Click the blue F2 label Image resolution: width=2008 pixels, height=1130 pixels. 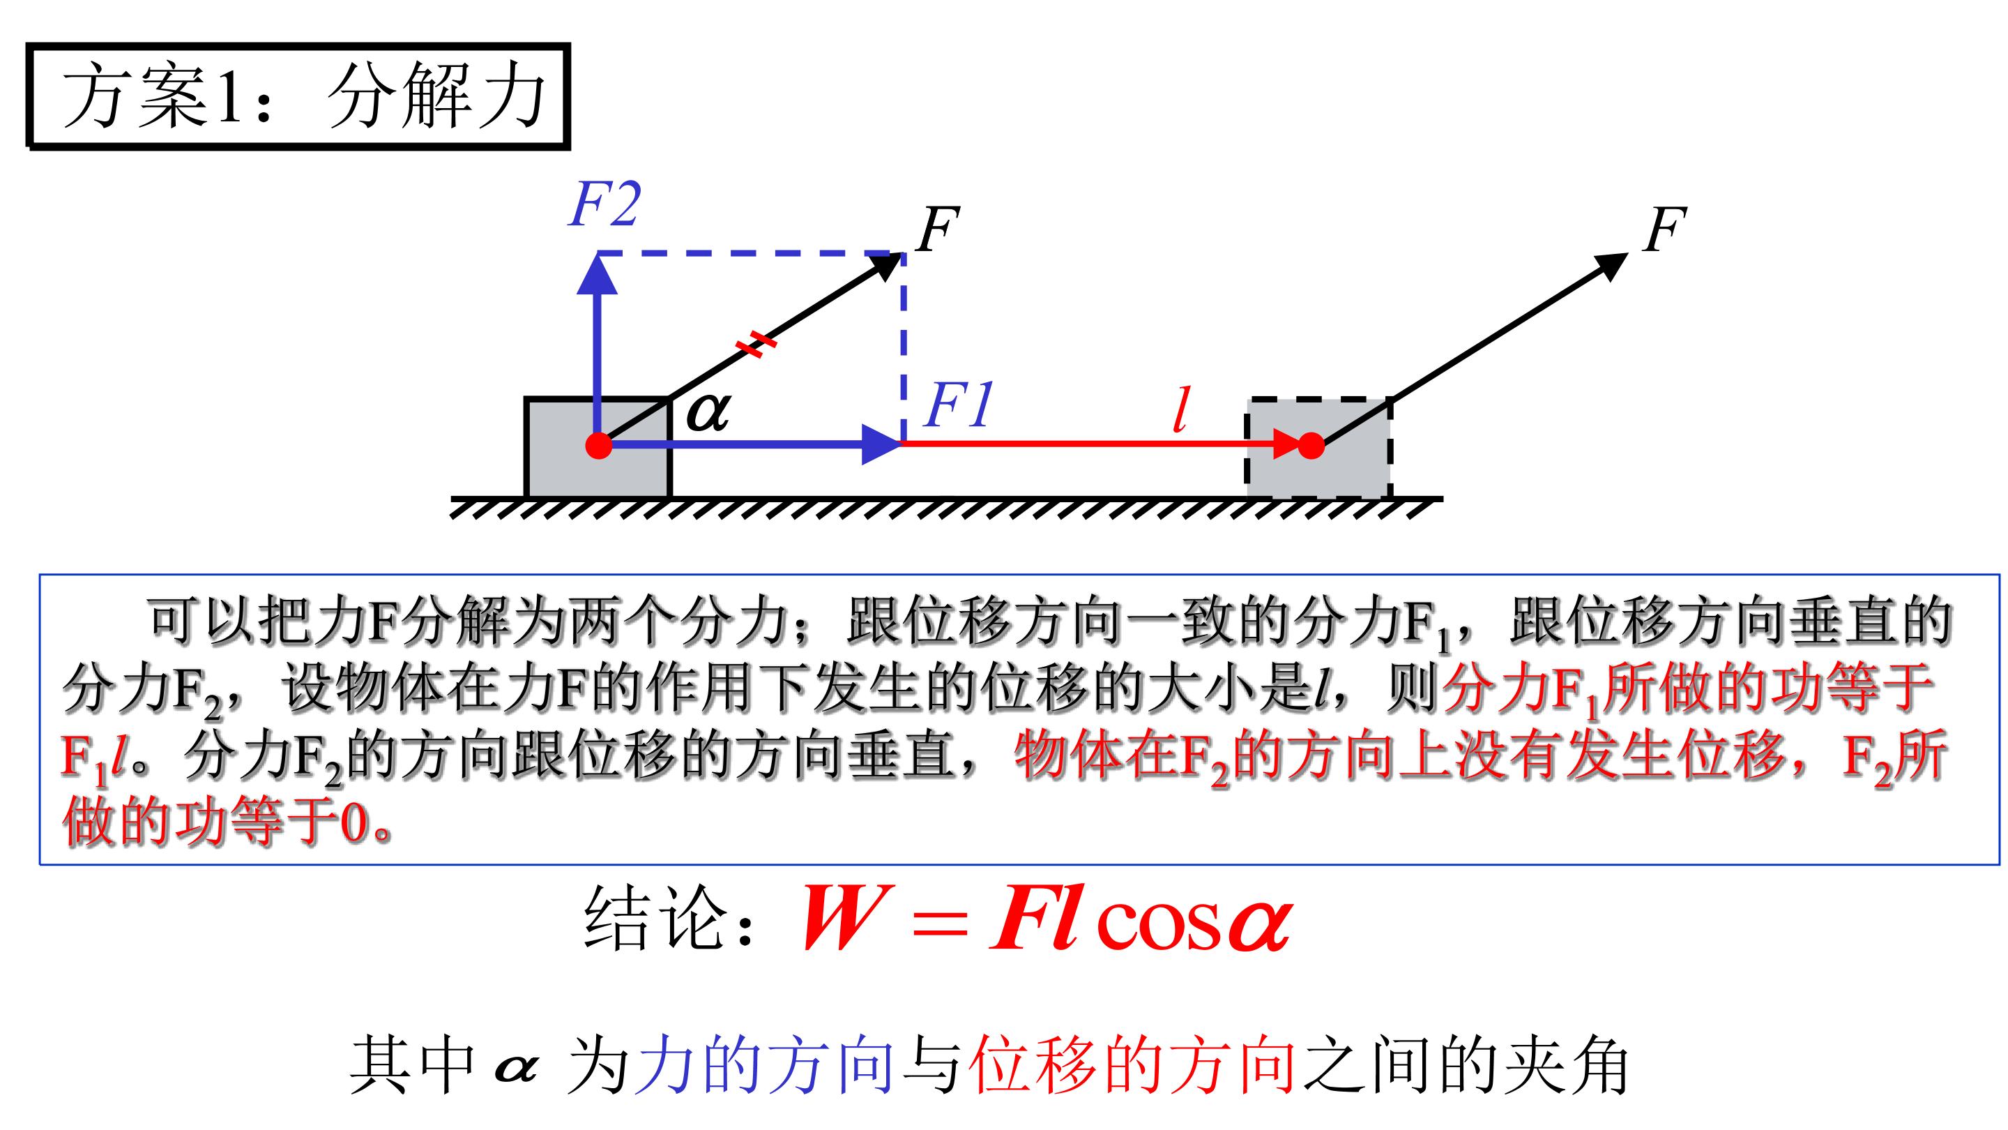[605, 205]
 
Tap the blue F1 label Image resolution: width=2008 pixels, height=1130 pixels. [958, 405]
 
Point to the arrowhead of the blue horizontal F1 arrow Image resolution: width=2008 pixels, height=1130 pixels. [881, 445]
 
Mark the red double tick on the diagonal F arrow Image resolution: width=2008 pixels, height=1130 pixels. [756, 344]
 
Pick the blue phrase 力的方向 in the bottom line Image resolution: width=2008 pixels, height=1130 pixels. [764, 1064]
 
